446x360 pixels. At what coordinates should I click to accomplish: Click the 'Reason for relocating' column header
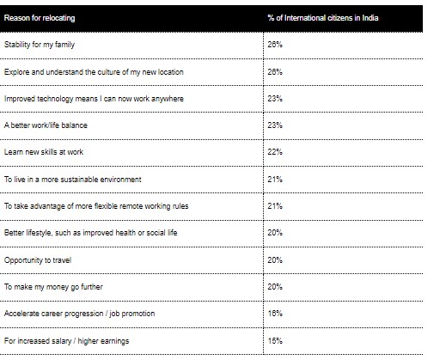(40, 18)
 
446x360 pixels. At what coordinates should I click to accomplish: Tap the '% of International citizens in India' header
(323, 18)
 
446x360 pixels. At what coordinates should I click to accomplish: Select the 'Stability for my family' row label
(40, 45)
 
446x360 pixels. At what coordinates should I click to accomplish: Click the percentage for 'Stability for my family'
(275, 45)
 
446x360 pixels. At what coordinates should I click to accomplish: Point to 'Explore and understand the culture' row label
(94, 72)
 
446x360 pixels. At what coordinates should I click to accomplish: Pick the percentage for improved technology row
(275, 99)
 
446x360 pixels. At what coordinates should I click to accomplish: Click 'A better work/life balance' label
(46, 125)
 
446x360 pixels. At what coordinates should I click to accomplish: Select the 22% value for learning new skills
(275, 152)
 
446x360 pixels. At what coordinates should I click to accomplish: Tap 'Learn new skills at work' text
(44, 152)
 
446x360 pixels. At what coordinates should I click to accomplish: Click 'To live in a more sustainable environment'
(73, 180)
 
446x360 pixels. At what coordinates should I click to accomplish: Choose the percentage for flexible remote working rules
(275, 206)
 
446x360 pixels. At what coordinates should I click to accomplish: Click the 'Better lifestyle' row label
(90, 233)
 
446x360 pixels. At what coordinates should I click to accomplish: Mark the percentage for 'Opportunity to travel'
(275, 260)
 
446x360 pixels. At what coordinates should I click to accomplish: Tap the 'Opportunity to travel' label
(38, 260)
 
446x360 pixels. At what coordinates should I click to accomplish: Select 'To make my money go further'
(53, 287)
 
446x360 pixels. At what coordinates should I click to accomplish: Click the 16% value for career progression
(275, 314)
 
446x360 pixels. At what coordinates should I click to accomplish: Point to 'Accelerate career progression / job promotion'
(79, 314)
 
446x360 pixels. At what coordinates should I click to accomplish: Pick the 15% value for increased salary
(275, 341)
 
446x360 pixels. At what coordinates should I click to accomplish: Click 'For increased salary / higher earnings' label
(66, 341)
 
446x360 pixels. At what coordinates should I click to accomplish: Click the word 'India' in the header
(370, 18)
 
